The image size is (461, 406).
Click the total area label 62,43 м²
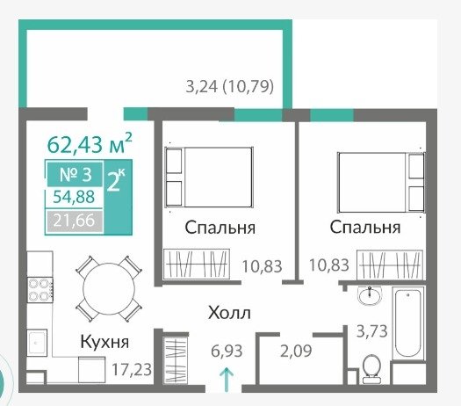[90, 144]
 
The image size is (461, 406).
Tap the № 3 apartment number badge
[76, 174]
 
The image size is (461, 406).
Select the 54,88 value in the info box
[74, 197]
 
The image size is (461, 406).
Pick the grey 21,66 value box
[74, 221]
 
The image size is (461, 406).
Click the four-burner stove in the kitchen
[40, 290]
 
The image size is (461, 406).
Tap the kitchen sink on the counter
[37, 343]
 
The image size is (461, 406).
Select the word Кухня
[104, 342]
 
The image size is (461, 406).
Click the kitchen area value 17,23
[132, 369]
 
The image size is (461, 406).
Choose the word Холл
[229, 313]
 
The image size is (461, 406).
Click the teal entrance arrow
[227, 380]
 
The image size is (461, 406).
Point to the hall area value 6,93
[227, 351]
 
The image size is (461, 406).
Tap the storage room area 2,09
[296, 351]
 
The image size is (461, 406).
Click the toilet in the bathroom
[371, 369]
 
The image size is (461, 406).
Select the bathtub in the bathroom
[407, 324]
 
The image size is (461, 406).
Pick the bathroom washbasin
[370, 296]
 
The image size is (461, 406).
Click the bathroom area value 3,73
[372, 331]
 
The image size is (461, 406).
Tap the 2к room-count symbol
[115, 180]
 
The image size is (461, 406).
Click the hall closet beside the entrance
[176, 360]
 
